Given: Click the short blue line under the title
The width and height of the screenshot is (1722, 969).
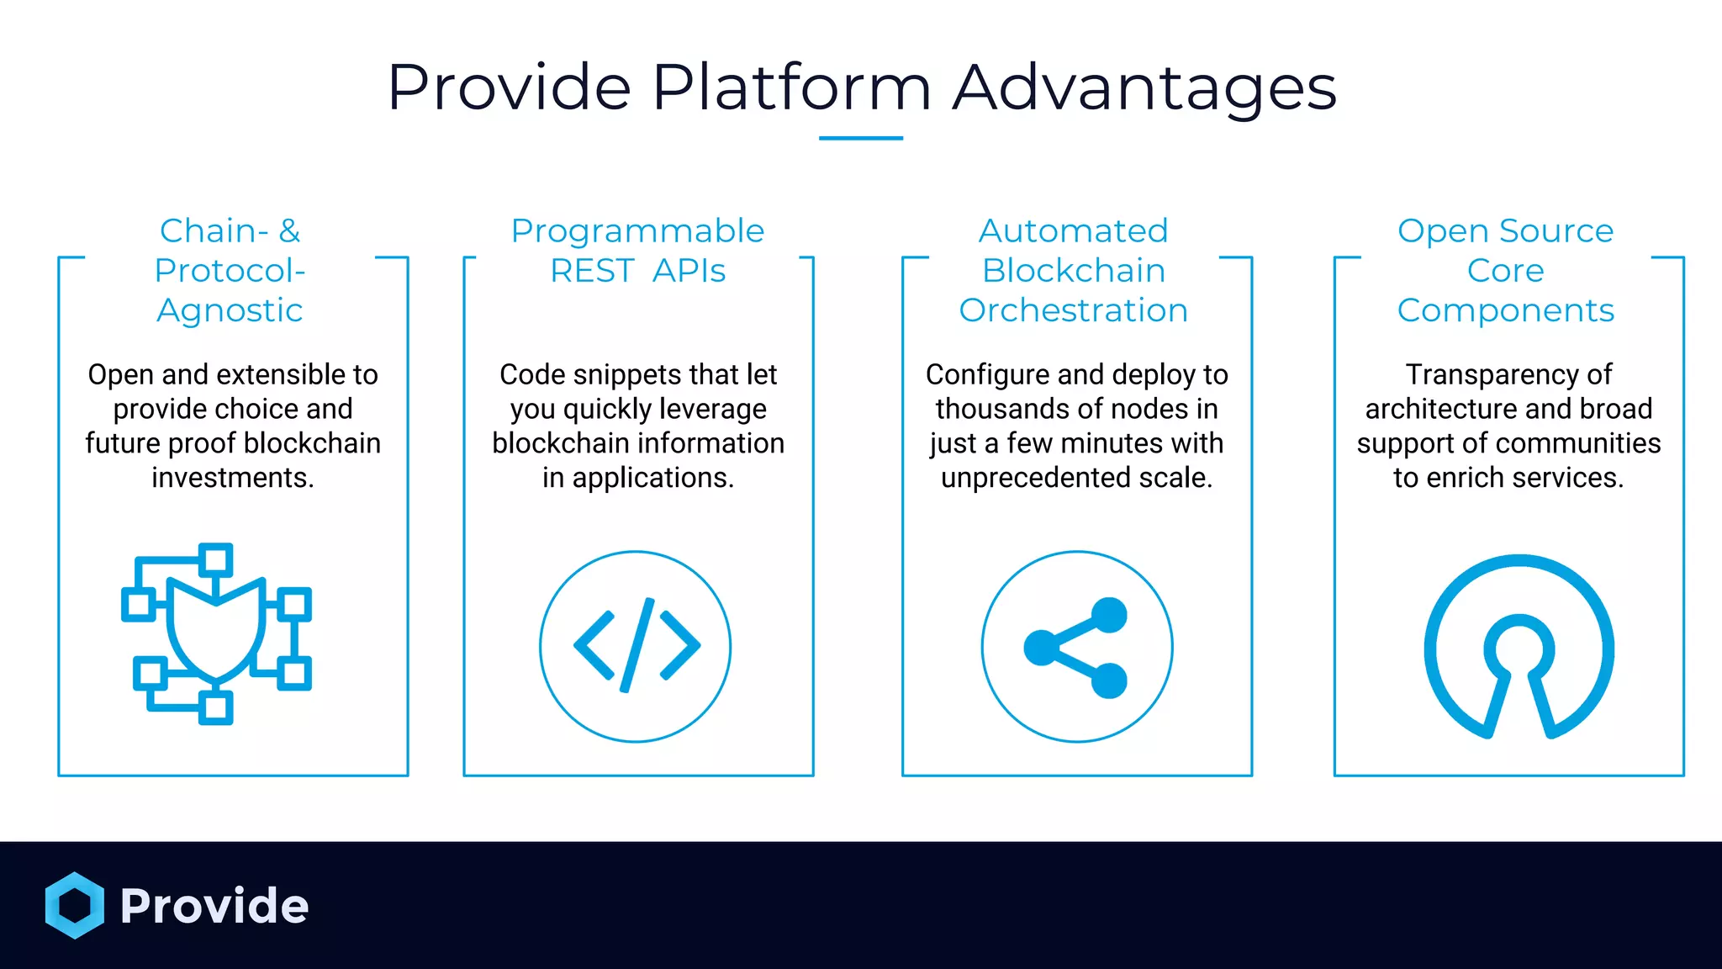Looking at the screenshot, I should [860, 138].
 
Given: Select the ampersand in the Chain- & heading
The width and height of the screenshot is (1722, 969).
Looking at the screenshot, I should [289, 230].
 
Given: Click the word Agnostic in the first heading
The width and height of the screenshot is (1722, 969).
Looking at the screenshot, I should [230, 310].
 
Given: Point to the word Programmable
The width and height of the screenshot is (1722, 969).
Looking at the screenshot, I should [637, 230].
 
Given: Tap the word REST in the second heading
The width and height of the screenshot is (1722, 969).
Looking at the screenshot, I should [592, 271].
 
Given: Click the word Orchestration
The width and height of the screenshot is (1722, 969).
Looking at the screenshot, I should [1073, 310].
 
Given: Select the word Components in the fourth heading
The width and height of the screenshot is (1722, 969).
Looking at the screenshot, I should [1505, 310].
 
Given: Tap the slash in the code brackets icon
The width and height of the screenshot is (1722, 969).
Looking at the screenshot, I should [637, 645].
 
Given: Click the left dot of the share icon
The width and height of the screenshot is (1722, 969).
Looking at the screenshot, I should [1041, 647].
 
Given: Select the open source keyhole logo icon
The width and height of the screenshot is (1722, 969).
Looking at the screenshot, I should [1519, 645].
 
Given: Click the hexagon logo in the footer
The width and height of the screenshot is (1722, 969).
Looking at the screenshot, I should [75, 905].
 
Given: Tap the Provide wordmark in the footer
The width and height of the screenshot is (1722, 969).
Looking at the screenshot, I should [214, 906].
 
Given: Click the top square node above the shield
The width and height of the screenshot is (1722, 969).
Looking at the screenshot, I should [216, 559].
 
